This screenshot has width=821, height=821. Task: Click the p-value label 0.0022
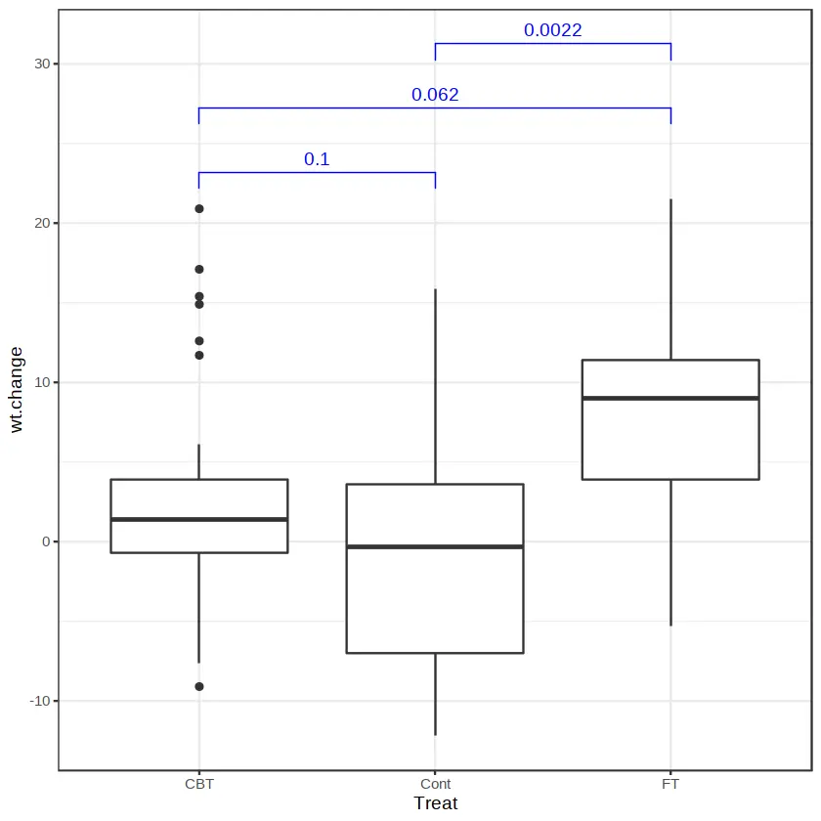point(552,30)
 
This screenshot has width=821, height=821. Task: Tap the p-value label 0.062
point(435,95)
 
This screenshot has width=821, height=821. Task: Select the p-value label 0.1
point(317,159)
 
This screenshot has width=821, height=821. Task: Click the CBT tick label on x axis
point(198,784)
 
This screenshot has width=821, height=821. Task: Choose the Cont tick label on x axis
point(435,784)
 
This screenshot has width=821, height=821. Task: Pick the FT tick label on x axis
point(670,784)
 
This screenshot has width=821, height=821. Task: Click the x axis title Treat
point(435,803)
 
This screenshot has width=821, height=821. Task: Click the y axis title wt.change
point(17,389)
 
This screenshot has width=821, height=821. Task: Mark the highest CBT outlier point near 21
point(199,208)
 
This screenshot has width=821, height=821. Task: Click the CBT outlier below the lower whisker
point(199,686)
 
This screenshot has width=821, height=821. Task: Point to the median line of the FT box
point(670,398)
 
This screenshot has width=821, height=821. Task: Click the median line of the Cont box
point(435,546)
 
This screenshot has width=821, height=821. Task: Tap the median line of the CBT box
point(199,519)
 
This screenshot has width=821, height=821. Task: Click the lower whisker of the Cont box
point(435,694)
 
